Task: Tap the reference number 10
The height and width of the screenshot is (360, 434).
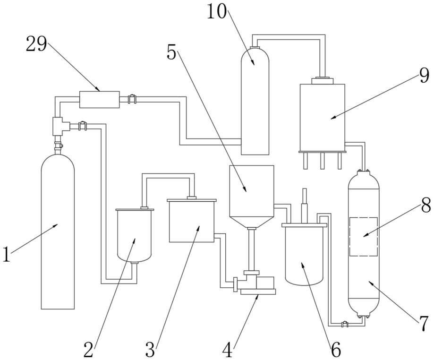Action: (x=217, y=12)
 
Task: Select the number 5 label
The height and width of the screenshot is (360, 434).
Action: (x=171, y=52)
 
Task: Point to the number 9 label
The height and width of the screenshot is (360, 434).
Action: (x=424, y=75)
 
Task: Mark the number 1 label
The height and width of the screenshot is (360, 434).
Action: (x=7, y=254)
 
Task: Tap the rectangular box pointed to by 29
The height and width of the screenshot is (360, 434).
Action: (x=99, y=99)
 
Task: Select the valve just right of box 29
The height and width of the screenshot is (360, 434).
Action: (x=132, y=99)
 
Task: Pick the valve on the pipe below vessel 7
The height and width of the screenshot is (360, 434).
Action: (x=345, y=324)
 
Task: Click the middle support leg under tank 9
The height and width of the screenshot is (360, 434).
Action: (x=322, y=161)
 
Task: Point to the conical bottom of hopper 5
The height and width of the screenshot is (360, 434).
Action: (x=252, y=222)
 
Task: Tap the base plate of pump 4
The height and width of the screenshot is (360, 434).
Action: (x=258, y=291)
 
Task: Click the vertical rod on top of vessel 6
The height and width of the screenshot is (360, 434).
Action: (x=305, y=206)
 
